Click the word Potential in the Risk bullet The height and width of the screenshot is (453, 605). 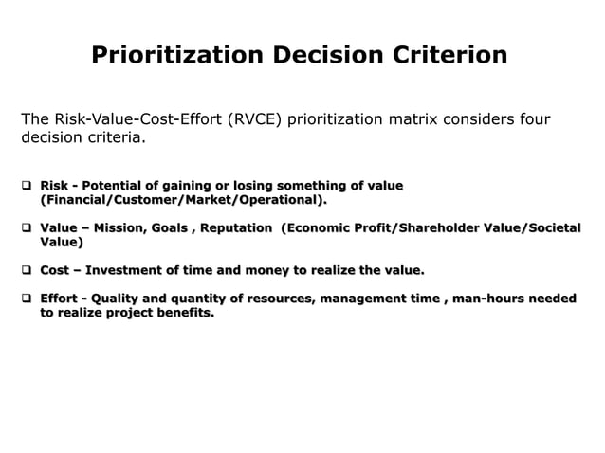[x=119, y=185]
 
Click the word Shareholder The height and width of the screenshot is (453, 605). [x=435, y=228]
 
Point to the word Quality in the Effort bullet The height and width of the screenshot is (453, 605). [x=118, y=299]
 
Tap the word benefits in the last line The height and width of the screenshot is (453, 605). [x=182, y=314]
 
